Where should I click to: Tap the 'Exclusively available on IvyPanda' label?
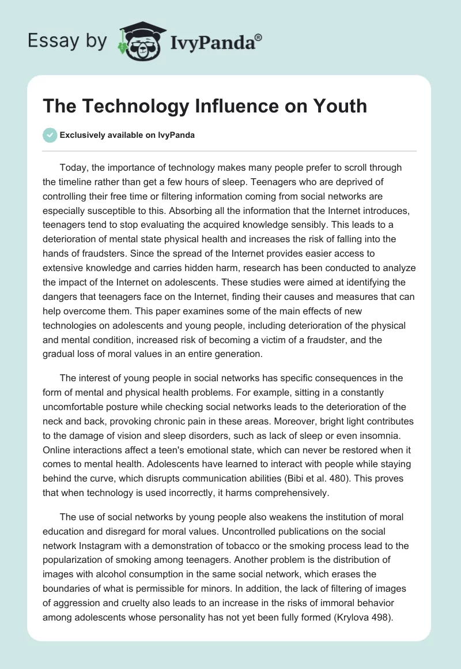coord(127,135)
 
